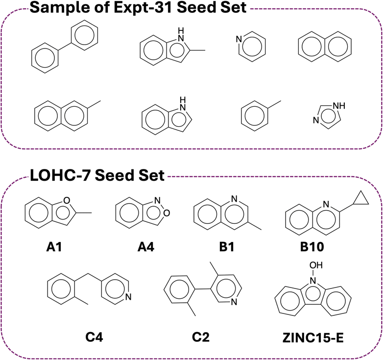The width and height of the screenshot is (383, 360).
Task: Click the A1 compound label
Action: (54, 247)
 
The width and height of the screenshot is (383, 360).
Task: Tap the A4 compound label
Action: (146, 247)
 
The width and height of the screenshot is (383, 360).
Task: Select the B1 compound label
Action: (227, 247)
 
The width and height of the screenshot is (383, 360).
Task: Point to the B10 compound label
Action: (312, 247)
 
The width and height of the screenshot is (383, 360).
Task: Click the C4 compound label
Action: (94, 337)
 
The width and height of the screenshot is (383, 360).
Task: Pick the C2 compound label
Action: (200, 337)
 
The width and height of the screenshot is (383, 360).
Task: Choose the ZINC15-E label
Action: (313, 338)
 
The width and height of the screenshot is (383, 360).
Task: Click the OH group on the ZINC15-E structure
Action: (316, 265)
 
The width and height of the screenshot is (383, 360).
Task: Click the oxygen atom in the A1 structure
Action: (67, 200)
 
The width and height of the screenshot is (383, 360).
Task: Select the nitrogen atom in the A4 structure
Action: (158, 200)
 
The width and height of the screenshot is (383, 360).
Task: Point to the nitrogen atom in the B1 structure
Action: (234, 199)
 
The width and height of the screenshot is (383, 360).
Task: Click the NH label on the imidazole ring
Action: (339, 106)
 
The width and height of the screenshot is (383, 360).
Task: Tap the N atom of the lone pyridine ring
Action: (239, 39)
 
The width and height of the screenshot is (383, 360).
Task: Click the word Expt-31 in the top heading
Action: (143, 7)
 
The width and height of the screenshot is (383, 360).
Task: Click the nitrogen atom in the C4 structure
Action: (128, 297)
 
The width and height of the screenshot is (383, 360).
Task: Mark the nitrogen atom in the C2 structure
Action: (234, 302)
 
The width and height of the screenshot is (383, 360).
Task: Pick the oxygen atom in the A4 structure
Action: (167, 213)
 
